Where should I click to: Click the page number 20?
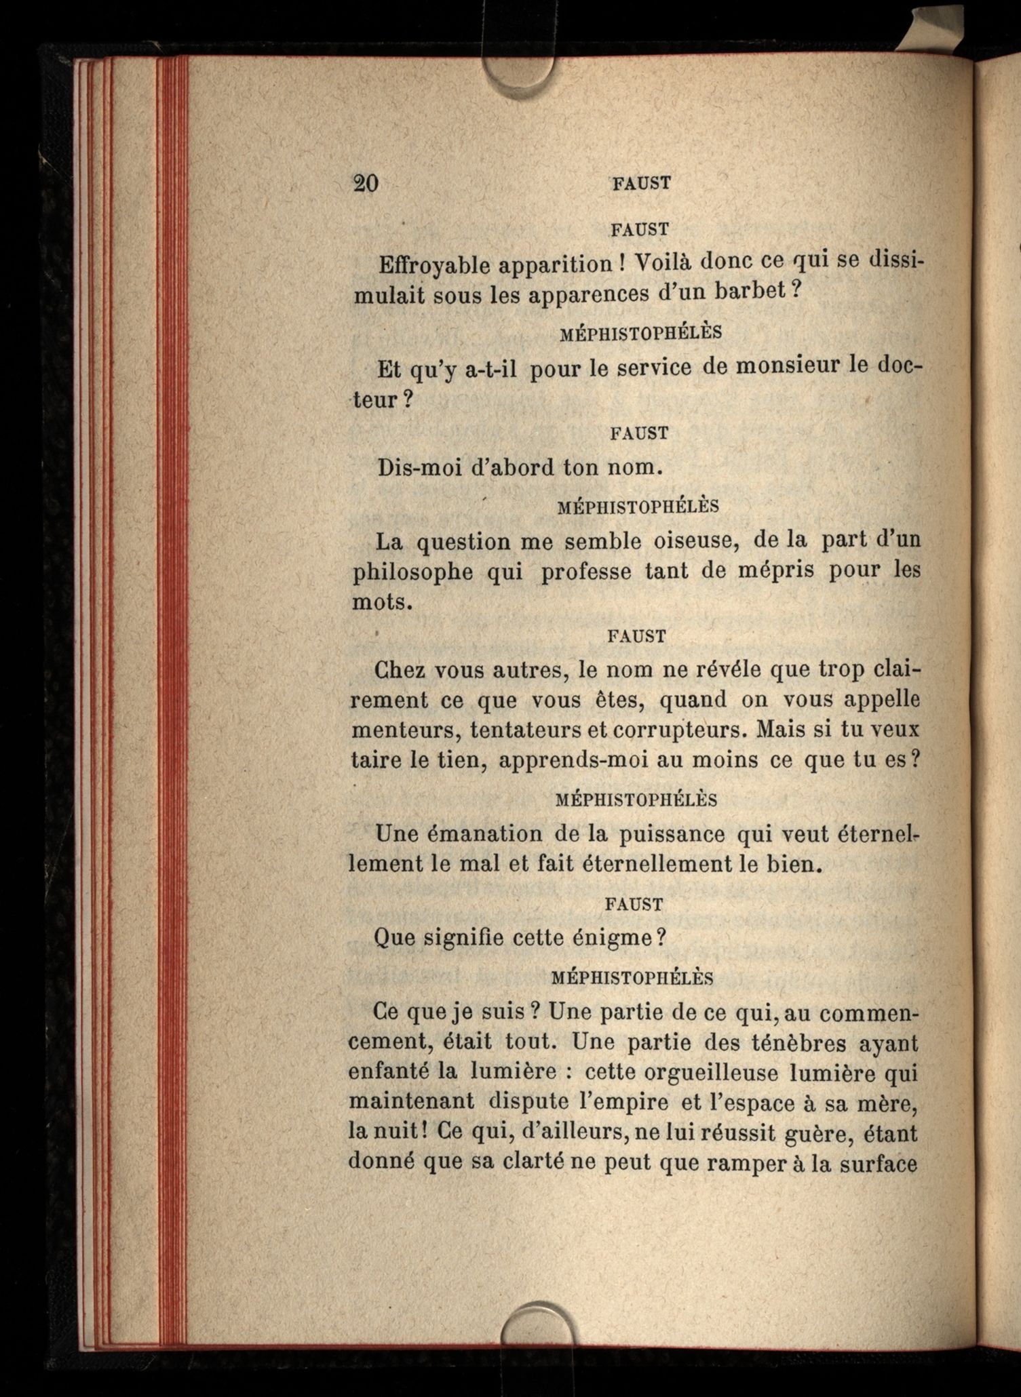[366, 184]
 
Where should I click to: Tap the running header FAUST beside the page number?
[641, 183]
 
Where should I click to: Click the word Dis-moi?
[419, 468]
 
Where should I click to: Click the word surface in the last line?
[878, 1164]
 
